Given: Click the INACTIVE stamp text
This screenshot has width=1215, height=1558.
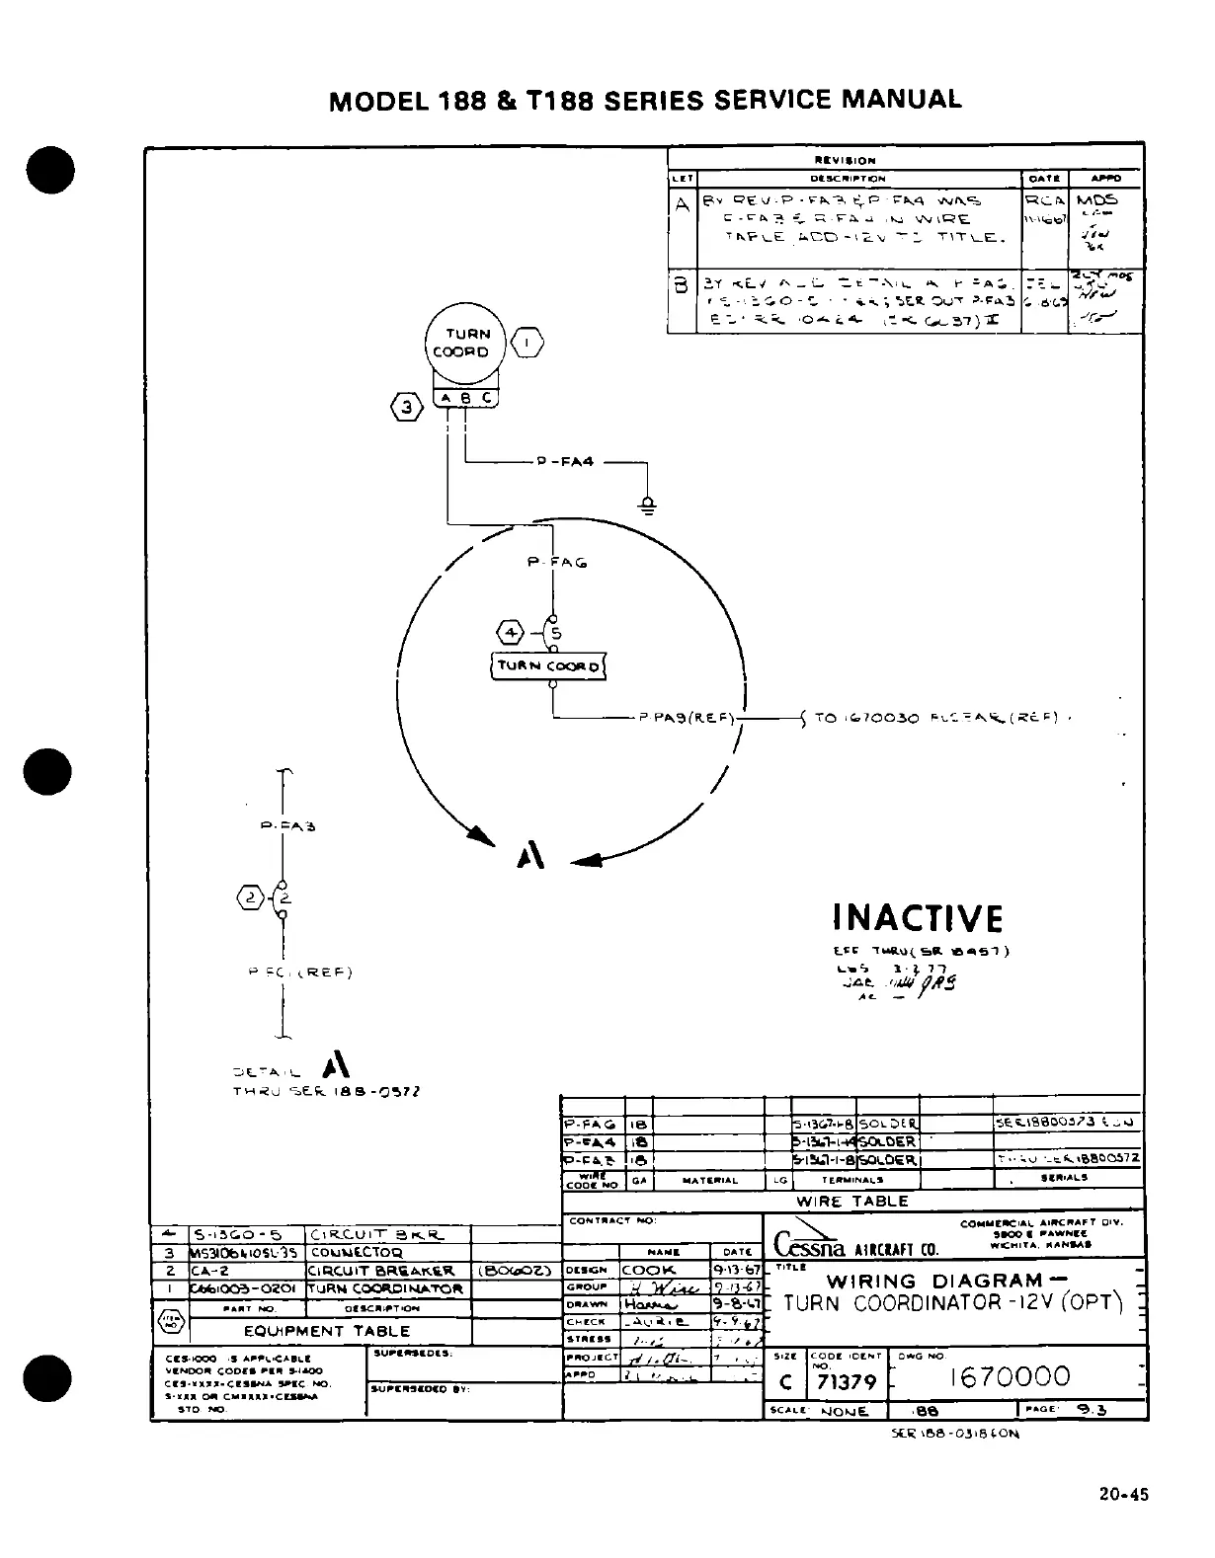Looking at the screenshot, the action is [918, 918].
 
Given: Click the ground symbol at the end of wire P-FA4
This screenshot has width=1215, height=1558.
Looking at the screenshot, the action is [647, 506].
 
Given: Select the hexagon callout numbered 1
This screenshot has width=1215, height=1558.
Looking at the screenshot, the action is [529, 342].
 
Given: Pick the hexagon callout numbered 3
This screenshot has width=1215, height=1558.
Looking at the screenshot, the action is [406, 406].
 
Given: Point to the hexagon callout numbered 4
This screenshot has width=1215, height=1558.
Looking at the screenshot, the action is [512, 633].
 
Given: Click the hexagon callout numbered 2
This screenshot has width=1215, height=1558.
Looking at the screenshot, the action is [251, 897].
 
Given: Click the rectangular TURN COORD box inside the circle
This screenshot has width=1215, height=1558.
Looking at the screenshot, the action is [548, 666].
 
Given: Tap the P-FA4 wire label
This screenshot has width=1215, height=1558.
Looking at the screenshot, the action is [564, 461].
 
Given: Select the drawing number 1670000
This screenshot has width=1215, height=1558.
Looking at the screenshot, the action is [1009, 1376].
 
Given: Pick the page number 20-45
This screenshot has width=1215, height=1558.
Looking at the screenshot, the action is [1123, 1495].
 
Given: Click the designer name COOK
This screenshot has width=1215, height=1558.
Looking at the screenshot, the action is [649, 1270].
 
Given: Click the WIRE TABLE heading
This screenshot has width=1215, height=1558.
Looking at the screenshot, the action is [851, 1202].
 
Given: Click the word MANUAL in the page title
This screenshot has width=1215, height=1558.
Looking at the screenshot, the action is [901, 100].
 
